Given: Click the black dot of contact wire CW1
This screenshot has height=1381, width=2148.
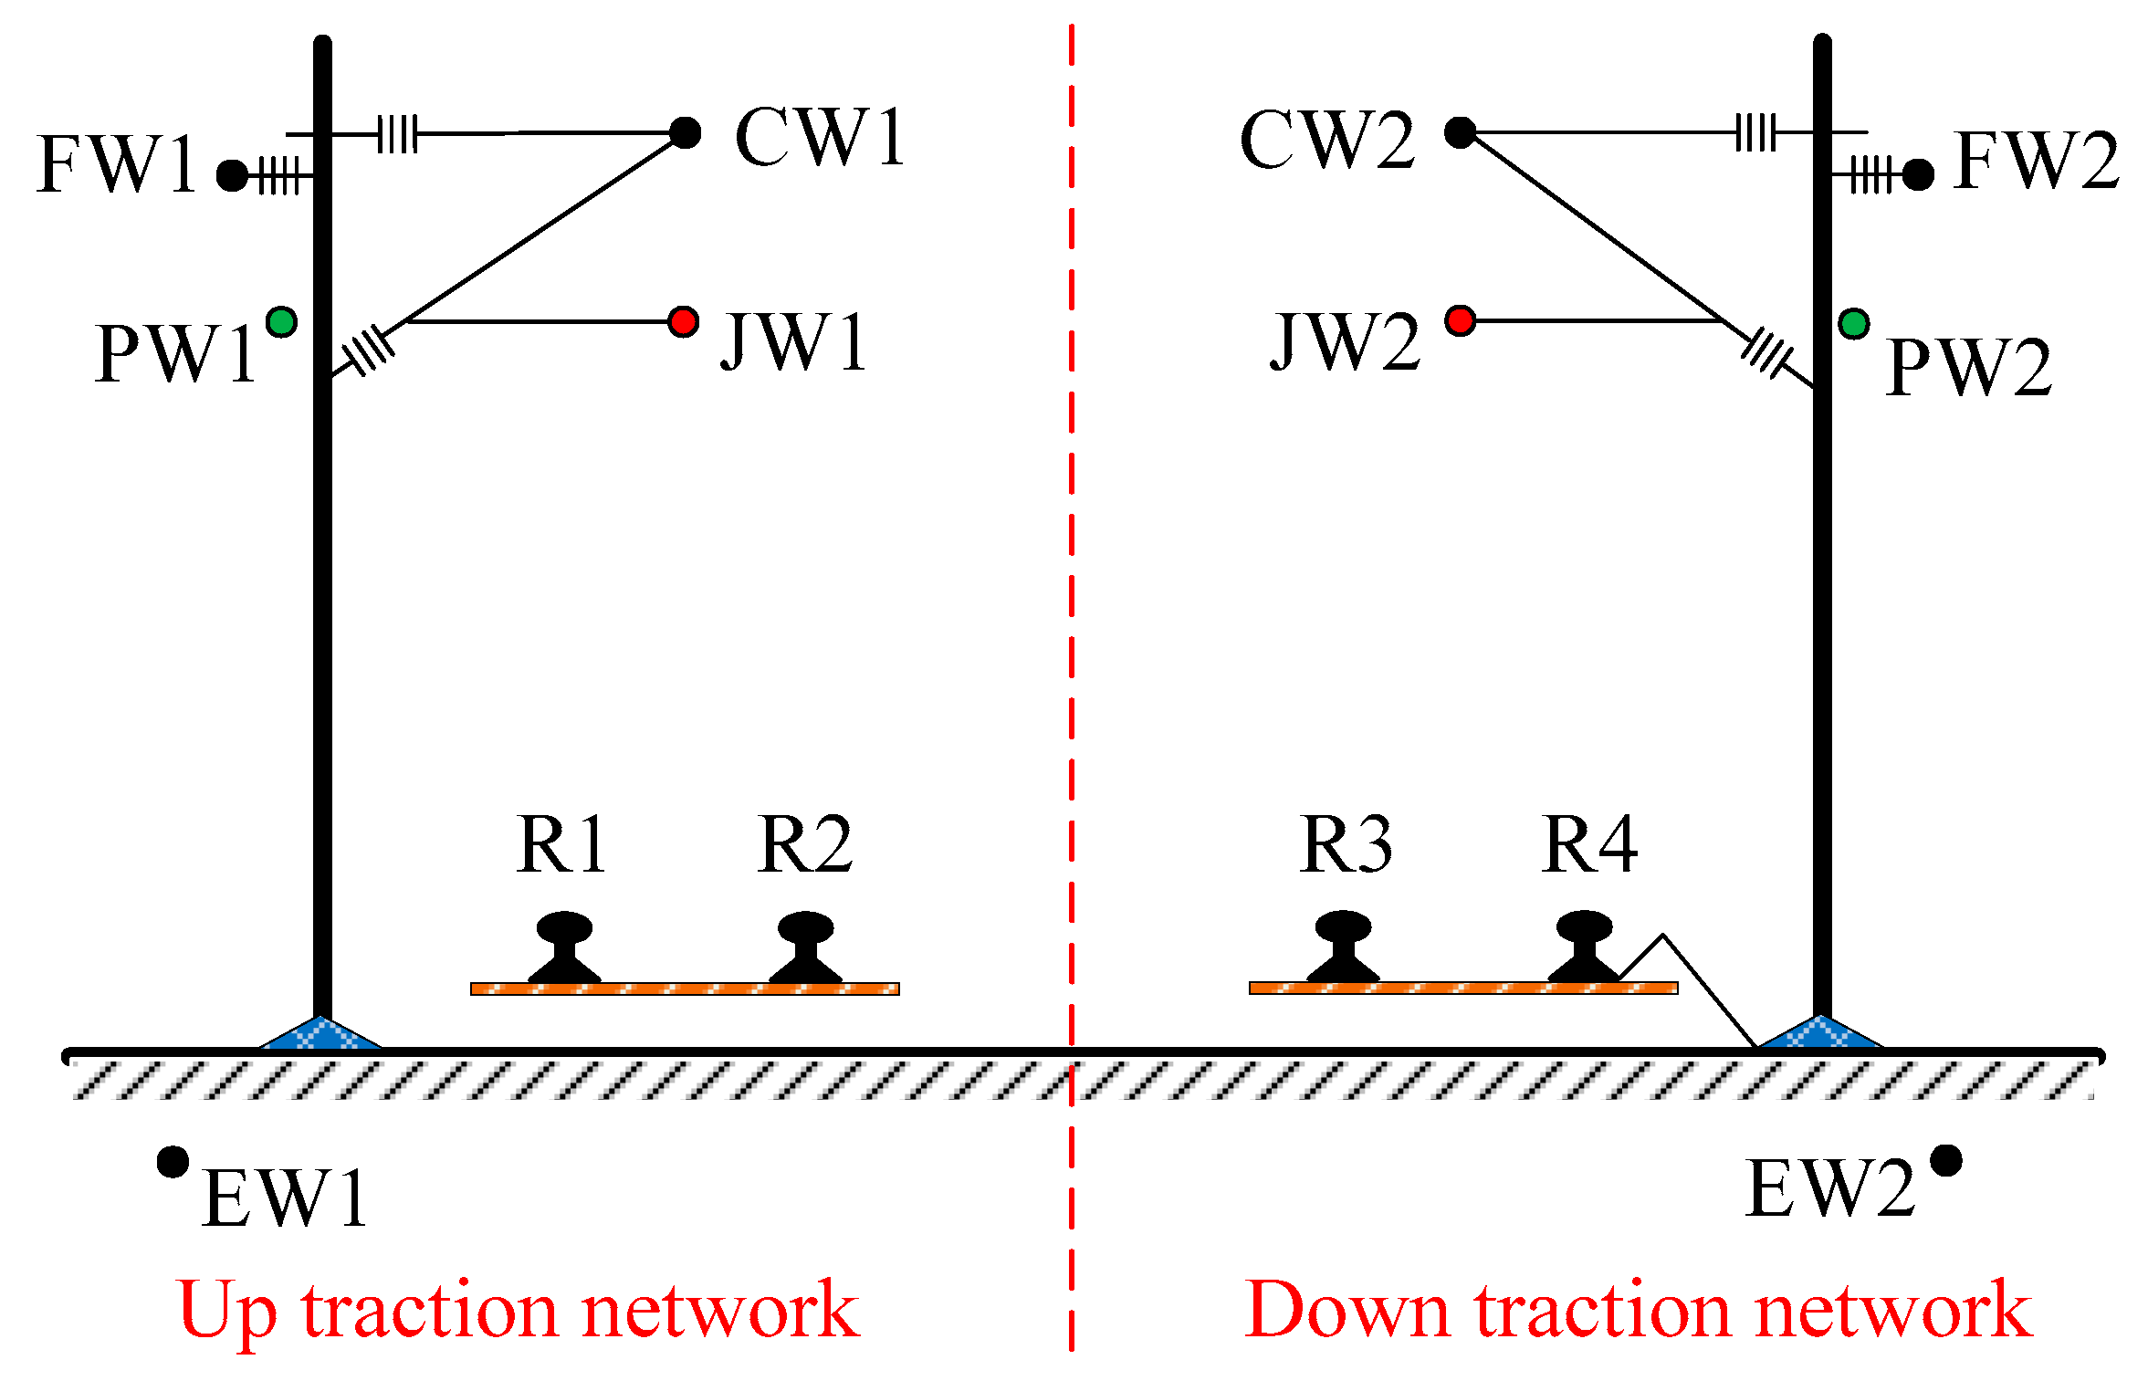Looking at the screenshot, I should coord(685,132).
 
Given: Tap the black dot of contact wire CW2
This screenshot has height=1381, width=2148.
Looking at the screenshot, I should coord(1460,132).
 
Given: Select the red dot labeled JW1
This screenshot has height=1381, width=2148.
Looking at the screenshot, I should coord(683,321).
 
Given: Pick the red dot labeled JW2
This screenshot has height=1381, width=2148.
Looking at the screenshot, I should coord(1460,320).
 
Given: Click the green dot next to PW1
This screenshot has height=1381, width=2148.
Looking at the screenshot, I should coord(282,321).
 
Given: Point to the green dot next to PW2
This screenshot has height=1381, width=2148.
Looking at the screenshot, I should coord(1853,323).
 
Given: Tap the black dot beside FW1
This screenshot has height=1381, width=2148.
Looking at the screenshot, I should coord(233,175).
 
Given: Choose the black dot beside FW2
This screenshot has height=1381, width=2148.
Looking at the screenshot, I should coord(1918,174).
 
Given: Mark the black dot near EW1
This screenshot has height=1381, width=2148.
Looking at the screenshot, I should coord(173,1162).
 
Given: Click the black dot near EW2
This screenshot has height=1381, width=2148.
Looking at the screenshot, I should coord(1946,1161).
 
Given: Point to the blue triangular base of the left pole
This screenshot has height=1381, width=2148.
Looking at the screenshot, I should coord(320,1036).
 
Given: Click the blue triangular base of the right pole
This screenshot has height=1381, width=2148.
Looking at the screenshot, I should coord(1820,1035).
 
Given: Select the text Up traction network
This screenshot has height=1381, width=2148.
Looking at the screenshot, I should coord(519,1311).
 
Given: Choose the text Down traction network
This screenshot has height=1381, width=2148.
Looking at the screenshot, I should coord(1639,1311).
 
